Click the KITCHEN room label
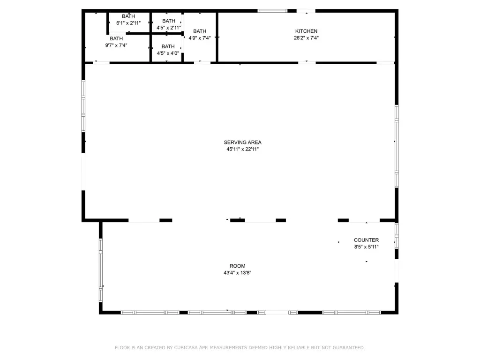coord(306,31)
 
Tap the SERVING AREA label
coord(242,142)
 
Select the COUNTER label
coord(367,240)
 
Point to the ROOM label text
coord(238,266)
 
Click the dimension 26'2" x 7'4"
coord(306,38)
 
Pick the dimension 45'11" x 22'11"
coord(242,149)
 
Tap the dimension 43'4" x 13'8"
coord(238,273)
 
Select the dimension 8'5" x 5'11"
coord(367,247)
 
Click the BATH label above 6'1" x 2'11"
coord(128,16)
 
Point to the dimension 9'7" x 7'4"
coord(116,45)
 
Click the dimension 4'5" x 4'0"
coord(168,53)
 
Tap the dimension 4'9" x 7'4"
coord(200,38)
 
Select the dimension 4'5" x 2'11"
coord(169,28)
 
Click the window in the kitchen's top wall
coord(272,11)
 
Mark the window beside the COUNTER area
coord(397,236)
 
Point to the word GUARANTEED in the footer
coord(349,347)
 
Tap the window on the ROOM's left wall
coord(101,270)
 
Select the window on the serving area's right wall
coord(397,146)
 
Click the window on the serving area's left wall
coord(83,106)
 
